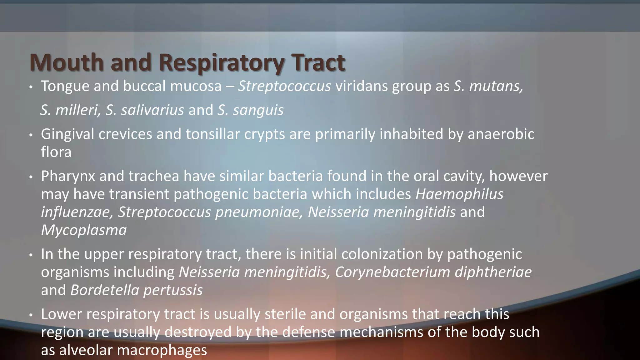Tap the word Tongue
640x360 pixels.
click(65, 86)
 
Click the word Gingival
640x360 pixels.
click(67, 134)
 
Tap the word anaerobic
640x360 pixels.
click(501, 134)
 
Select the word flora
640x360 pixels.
click(56, 152)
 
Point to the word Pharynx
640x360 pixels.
click(68, 176)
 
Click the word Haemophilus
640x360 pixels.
click(459, 194)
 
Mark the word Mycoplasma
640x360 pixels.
click(84, 230)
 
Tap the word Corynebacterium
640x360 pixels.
click(392, 272)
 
